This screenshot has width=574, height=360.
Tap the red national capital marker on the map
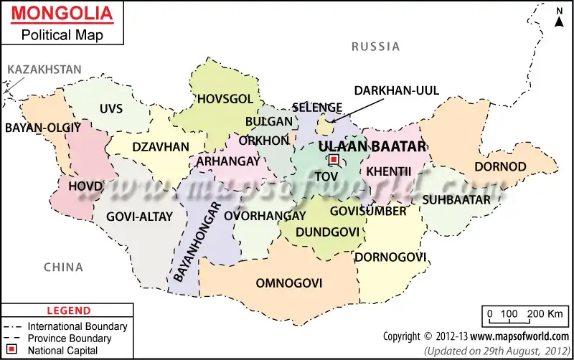coord(334,160)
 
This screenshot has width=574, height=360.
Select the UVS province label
coord(111,109)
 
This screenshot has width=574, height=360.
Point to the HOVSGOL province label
coord(225,99)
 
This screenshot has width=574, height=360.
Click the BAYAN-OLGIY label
coord(43,128)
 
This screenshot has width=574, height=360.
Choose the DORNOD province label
coord(500,166)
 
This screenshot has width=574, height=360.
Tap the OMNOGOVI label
coord(289,283)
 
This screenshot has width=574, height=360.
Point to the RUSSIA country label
coord(375,47)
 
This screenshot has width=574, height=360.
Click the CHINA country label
coord(63,267)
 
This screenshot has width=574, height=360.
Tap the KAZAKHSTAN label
coord(44,70)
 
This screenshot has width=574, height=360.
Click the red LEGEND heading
coord(69,311)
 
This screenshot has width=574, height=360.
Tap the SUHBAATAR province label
coord(456,199)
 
